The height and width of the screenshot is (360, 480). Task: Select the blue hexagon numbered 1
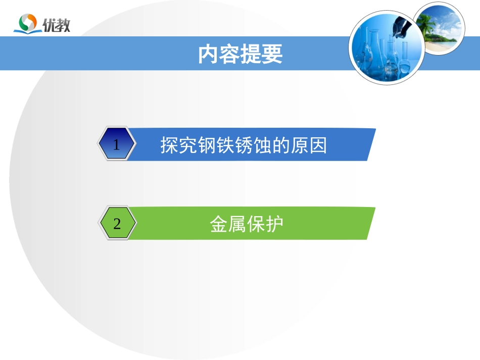point(117,145)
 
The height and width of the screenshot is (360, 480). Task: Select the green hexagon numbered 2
point(117,224)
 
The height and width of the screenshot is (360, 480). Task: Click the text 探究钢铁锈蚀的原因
point(244,145)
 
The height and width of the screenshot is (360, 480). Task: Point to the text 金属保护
point(246,224)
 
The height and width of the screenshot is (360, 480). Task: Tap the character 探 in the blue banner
point(169,145)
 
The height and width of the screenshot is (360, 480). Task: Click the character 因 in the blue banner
point(319,145)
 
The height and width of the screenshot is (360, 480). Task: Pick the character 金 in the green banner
point(218,224)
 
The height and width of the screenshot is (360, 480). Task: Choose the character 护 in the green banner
point(274,224)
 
